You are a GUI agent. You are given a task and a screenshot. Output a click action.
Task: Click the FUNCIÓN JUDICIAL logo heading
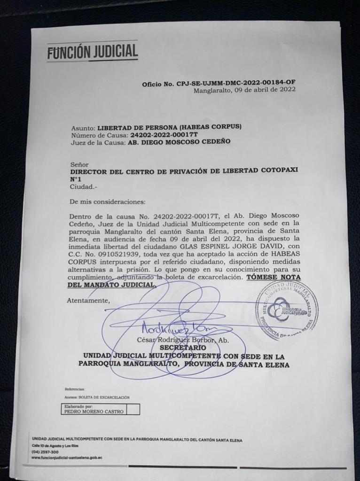(92, 51)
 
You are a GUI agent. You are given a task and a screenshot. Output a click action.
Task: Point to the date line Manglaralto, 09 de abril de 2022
(244, 90)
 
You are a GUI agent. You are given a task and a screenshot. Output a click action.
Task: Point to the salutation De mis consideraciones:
(108, 202)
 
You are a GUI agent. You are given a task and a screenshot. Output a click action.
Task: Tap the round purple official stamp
(287, 310)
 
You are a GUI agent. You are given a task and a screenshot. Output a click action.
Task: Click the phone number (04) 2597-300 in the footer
(45, 452)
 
